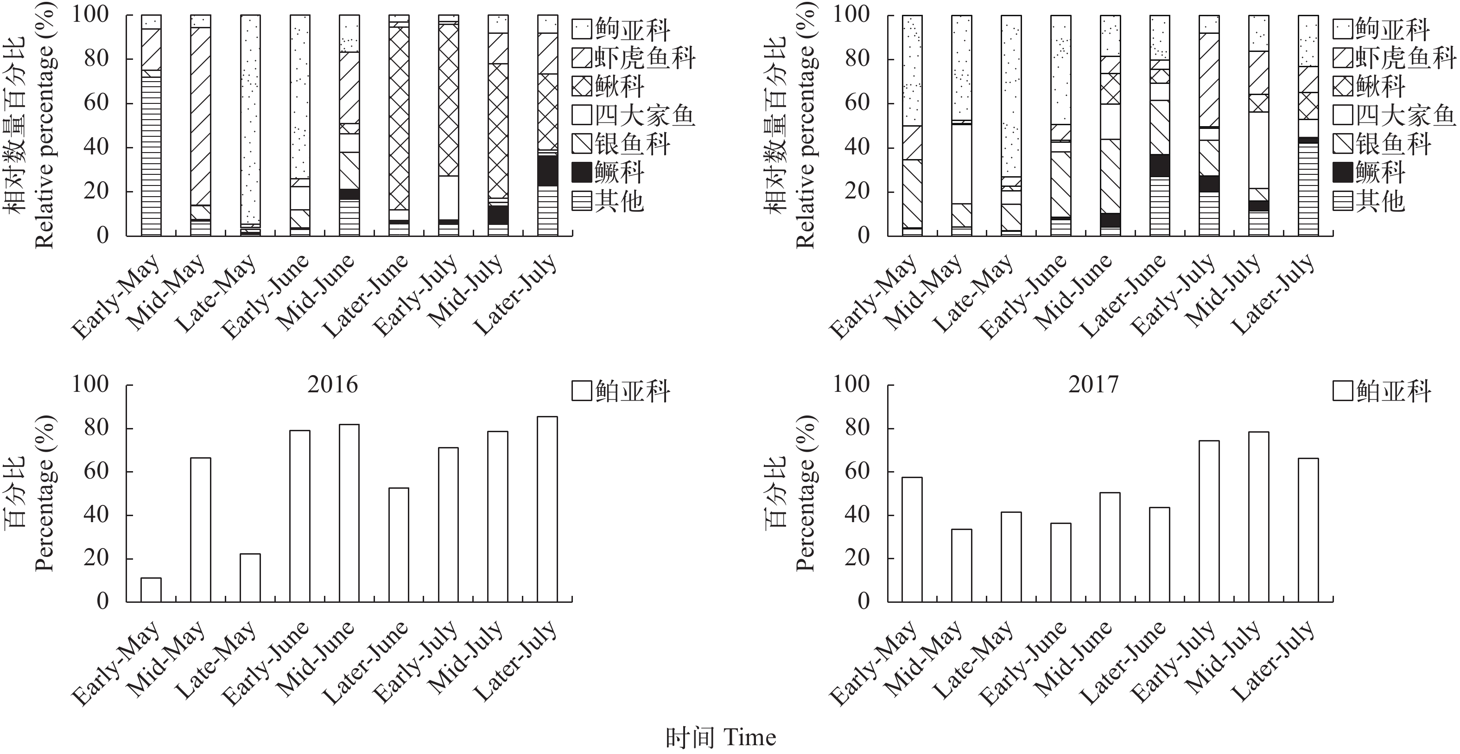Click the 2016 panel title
[333, 385]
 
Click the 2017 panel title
[1093, 385]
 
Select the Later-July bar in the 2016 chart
[547, 509]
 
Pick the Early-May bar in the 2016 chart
[151, 589]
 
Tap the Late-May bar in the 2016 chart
[250, 578]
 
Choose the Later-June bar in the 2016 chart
[399, 545]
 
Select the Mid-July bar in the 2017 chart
[1258, 517]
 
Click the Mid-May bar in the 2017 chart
[961, 565]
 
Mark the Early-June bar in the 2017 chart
[1060, 562]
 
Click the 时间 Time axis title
[720, 738]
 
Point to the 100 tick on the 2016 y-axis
[90, 385]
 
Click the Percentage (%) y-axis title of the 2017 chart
[804, 493]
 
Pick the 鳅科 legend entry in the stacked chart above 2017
[1368, 87]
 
